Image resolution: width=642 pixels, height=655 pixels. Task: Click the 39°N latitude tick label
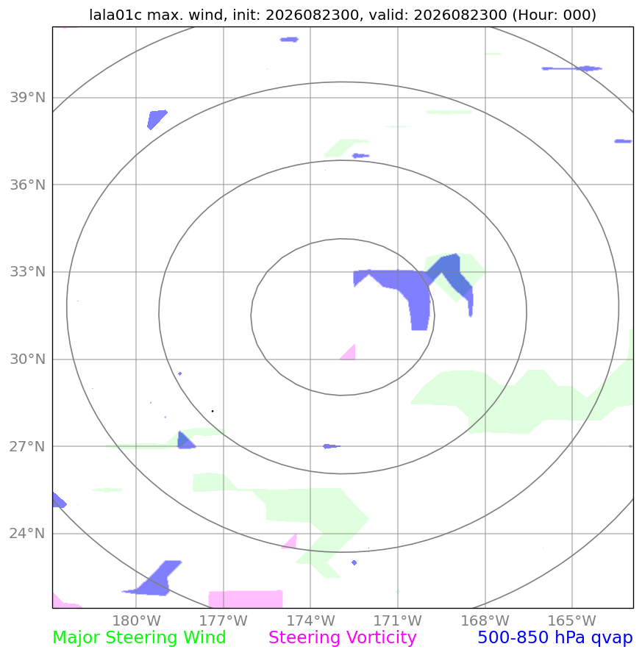point(28,97)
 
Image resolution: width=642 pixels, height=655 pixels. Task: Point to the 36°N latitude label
point(28,185)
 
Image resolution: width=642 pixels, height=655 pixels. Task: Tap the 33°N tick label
point(28,271)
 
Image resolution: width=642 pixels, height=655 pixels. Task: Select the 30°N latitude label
point(28,359)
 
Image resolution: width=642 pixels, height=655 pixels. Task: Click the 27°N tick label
point(28,446)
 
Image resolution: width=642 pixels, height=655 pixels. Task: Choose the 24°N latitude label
point(28,534)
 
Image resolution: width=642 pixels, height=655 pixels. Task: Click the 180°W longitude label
point(136,620)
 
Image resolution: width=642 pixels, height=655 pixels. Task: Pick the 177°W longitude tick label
point(224,620)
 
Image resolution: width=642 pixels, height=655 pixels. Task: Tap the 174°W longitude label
point(310,620)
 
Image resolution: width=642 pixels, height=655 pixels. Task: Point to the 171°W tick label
point(398,620)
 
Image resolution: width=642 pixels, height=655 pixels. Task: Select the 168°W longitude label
point(485,620)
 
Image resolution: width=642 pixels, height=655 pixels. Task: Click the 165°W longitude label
point(572,620)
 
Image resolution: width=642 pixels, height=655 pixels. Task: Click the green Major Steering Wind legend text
point(139,638)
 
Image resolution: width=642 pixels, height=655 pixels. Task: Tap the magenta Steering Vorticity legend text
point(342,638)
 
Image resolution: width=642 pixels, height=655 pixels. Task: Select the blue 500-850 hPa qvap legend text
point(555,638)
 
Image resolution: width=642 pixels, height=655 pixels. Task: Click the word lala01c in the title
point(115,15)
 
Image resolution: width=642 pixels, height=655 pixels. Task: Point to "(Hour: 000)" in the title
point(554,15)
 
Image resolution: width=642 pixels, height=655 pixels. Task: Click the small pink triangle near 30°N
point(349,353)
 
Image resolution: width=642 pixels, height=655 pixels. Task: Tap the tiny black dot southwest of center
point(213,411)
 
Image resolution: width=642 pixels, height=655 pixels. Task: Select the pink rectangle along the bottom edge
point(246,599)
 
